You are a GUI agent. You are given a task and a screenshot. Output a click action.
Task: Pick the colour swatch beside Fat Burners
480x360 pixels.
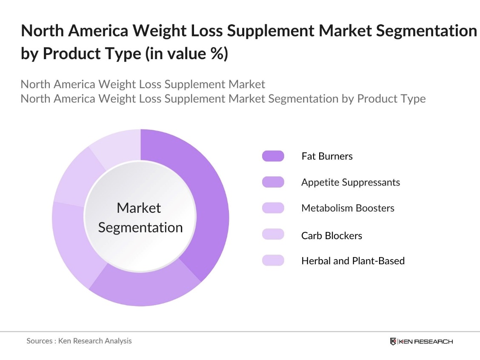[273, 156]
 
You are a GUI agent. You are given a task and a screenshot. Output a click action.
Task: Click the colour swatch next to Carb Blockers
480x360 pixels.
[273, 234]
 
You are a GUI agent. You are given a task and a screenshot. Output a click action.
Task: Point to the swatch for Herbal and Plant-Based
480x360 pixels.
[273, 260]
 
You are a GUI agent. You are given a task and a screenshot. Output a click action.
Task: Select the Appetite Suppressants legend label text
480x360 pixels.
[351, 182]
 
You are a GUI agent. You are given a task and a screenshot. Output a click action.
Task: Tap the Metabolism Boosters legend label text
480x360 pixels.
[348, 208]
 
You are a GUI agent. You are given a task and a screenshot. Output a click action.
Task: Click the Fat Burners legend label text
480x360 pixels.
[327, 156]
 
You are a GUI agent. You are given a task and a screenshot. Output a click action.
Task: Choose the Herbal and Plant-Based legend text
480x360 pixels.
[353, 260]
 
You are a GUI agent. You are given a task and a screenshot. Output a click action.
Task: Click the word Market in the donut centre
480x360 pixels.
[139, 208]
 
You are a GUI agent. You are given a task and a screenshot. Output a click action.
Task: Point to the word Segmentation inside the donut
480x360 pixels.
[140, 227]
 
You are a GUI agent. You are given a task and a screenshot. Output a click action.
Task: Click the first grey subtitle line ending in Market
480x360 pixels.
[143, 84]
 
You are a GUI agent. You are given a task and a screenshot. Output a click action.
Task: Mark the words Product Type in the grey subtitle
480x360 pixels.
[391, 99]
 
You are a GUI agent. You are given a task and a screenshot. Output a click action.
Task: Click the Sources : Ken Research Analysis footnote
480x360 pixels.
[79, 341]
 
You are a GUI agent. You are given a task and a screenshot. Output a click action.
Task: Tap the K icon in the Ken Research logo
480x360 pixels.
[393, 341]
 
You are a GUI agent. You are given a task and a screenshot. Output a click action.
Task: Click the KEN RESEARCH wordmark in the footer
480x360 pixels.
[426, 341]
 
